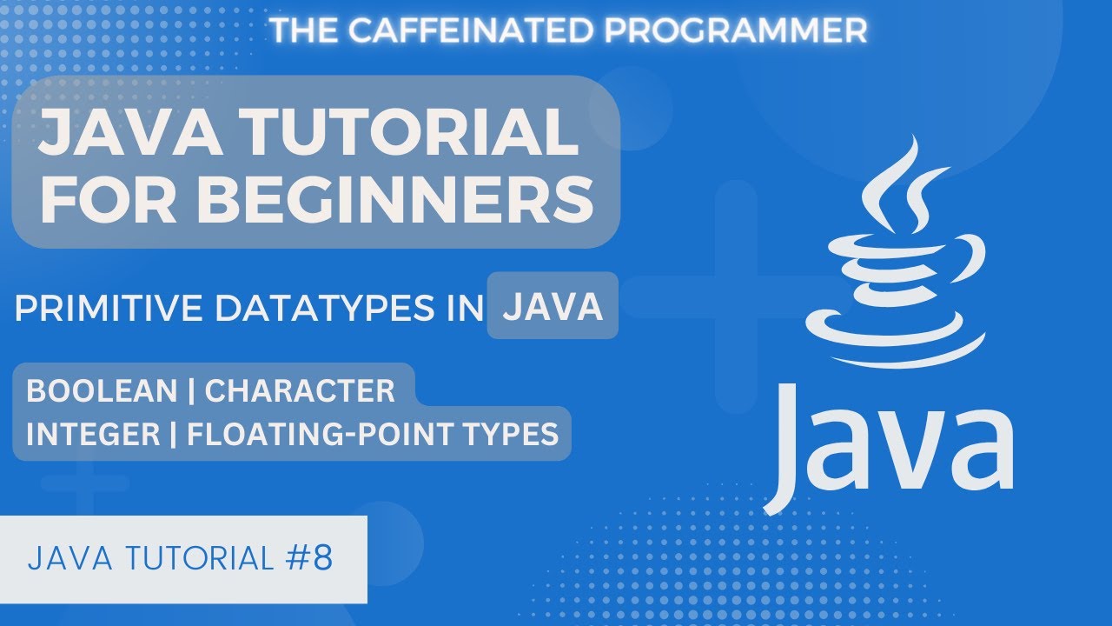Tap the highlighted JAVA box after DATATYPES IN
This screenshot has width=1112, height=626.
pos(553,307)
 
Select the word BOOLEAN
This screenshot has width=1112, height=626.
pos(102,391)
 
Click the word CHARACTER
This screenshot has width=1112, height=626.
pos(300,391)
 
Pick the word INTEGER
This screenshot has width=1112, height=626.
pos(90,433)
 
